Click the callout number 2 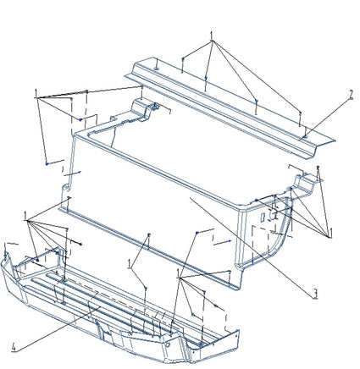point(351,95)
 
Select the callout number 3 point(315,294)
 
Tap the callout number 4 point(14,348)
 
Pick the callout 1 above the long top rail point(211,36)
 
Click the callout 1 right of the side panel point(330,234)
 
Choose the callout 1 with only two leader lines point(130,264)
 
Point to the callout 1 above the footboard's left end point(25,216)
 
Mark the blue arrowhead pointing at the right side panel point(230,241)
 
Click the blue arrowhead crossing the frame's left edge point(80,172)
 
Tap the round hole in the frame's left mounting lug point(66,188)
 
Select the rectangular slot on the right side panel point(263,218)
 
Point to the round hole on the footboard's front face point(168,344)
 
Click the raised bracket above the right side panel point(304,182)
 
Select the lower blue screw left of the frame point(47,163)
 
